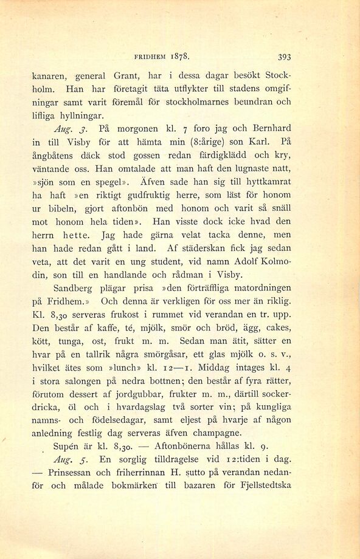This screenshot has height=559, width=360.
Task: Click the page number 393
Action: (284, 57)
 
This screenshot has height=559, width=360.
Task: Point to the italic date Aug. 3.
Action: (67, 129)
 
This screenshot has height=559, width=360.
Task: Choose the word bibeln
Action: (60, 208)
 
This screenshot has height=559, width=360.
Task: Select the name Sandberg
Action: (76, 287)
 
